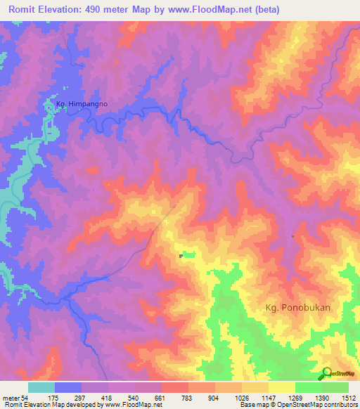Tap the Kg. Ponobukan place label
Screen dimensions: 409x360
(x=297, y=307)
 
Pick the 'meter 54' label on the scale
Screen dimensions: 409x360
(x=15, y=397)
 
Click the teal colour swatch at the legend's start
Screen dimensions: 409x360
(x=41, y=387)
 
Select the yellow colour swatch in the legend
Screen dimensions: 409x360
(x=281, y=387)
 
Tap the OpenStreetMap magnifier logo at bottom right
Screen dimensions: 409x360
(x=327, y=374)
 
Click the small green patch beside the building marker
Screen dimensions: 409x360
(x=188, y=254)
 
